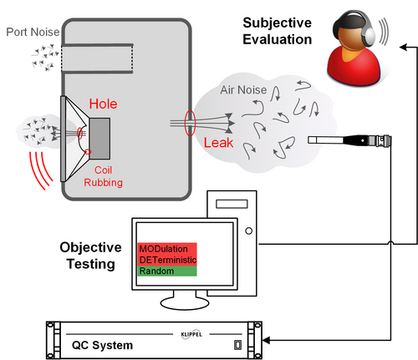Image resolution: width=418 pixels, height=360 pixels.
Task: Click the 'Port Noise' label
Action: point(33,32)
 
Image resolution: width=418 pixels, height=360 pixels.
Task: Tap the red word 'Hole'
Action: point(103,104)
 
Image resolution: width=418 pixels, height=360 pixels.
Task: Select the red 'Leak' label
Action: point(218,143)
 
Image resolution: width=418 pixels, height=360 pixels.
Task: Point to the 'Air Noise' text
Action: point(243,90)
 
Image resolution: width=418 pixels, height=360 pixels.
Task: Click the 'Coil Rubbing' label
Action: point(103,176)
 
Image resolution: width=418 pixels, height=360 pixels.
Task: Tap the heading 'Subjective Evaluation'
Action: point(278,31)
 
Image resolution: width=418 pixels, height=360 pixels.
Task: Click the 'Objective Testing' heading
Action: point(91,256)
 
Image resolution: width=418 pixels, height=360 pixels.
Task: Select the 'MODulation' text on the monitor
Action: point(163,249)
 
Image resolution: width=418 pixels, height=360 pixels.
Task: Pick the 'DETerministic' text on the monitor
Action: point(168,260)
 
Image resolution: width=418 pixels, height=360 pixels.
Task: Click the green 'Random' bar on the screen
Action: point(167,271)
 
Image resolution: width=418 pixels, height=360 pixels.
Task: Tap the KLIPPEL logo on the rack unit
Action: point(191,334)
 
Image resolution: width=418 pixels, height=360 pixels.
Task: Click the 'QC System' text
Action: point(102,345)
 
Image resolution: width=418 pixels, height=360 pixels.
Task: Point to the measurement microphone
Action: point(349,140)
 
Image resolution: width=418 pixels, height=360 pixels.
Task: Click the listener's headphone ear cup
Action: point(370,36)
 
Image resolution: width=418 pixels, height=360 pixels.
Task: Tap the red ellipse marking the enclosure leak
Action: point(190,123)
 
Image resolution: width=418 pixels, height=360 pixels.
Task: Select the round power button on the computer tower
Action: point(249,231)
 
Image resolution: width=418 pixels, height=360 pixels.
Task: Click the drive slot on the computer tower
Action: point(232,204)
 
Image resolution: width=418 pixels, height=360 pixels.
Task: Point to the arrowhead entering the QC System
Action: point(266,340)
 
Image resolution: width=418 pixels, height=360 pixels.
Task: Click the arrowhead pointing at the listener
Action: point(404,47)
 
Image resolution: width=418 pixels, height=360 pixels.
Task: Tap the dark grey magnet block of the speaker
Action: point(99,139)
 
